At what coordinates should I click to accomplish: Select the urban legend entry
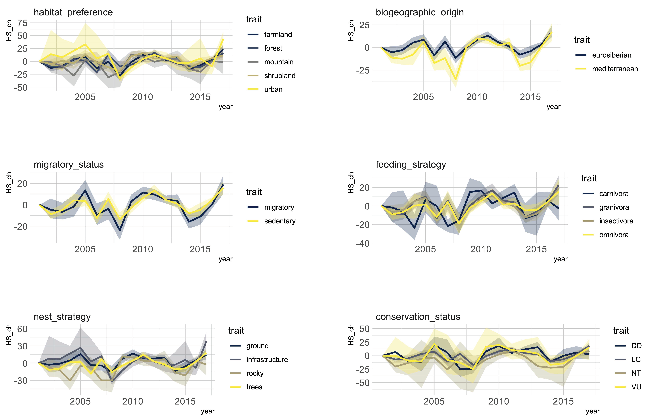pos(265,89)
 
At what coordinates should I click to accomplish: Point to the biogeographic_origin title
pos(420,12)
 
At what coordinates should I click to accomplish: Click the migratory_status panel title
pos(69,165)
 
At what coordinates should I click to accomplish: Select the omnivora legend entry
pos(606,235)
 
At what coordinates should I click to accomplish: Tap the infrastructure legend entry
pos(259,360)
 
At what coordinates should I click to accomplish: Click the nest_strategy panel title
pos(62,317)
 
